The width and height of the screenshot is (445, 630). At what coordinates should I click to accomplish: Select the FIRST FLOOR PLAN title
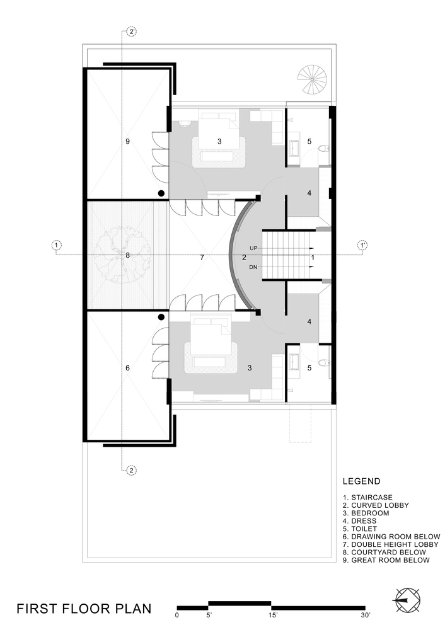click(84, 609)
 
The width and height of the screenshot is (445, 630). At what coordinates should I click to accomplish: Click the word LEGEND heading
click(361, 481)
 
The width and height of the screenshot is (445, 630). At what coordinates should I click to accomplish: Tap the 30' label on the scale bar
click(366, 615)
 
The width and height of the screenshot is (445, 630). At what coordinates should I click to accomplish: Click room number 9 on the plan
click(127, 142)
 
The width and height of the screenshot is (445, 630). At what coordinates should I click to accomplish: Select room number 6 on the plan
click(127, 368)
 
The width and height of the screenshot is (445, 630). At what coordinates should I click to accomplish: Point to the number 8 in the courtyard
click(127, 255)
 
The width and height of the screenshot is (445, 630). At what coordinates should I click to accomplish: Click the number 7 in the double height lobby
click(202, 258)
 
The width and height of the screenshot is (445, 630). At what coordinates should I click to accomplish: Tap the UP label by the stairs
click(254, 248)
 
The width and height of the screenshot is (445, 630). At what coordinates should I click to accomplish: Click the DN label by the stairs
click(254, 267)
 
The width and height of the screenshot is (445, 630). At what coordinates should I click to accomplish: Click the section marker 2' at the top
click(131, 31)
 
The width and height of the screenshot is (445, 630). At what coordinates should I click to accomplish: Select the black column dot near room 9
click(162, 193)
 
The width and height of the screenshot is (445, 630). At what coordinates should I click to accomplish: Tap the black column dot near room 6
click(162, 318)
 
